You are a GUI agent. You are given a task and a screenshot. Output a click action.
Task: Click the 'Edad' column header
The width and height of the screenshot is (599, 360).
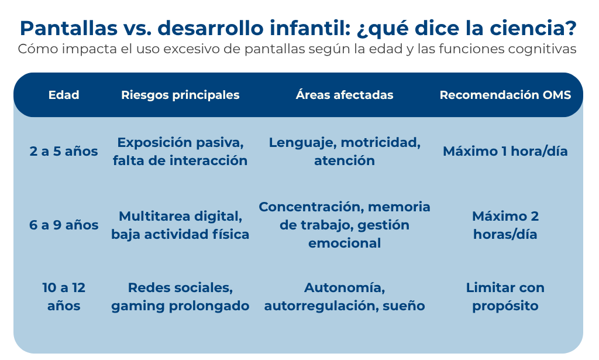pos(64,95)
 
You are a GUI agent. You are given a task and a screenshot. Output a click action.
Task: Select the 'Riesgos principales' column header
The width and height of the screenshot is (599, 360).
pos(180,95)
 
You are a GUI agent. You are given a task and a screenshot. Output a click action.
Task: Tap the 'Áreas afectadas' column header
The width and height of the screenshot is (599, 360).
pos(345,94)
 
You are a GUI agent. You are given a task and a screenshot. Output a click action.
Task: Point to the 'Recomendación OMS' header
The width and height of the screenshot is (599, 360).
pos(505,95)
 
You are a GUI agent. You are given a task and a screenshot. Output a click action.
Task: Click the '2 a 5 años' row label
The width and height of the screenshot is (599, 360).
pos(64,152)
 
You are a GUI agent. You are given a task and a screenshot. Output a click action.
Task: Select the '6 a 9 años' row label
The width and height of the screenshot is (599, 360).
pos(64,225)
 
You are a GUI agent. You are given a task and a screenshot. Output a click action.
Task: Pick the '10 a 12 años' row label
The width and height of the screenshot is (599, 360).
pos(64,297)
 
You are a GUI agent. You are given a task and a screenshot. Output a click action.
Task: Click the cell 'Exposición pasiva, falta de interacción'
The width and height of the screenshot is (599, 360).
pos(180,152)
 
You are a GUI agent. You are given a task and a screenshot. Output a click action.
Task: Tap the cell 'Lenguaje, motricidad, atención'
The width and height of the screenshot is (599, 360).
pos(345,152)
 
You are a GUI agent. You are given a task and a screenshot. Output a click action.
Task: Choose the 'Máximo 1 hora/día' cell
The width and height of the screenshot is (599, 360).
pos(505,152)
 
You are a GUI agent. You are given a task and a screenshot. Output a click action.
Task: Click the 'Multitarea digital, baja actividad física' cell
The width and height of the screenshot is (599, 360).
pos(180,225)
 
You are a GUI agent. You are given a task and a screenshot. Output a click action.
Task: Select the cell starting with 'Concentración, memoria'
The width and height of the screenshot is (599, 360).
pos(345,225)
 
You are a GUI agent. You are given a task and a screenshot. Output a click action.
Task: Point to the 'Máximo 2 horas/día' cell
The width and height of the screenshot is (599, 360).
pos(505,225)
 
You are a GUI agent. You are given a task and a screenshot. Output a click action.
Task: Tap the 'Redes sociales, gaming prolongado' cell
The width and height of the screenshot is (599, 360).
pos(180,297)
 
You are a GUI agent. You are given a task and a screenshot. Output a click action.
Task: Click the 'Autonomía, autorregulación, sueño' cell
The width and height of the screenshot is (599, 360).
pos(345,297)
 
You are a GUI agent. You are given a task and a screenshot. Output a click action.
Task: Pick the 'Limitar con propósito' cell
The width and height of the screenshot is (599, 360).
pos(505,297)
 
